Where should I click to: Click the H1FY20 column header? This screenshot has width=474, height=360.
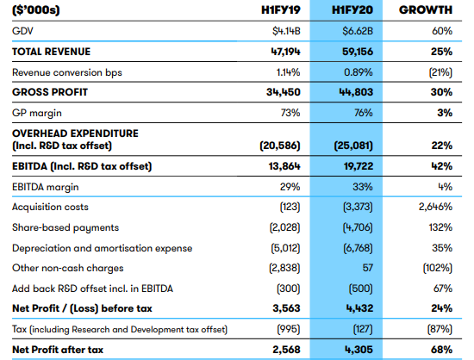pos(352,10)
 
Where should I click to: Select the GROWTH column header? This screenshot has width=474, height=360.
pos(426,10)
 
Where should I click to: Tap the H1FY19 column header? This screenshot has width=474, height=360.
pos(281,10)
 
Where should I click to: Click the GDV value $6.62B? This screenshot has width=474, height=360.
pos(358,31)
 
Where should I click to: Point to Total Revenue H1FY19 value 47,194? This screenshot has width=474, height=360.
pos(285,52)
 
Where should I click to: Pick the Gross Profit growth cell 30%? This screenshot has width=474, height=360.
pos(441,92)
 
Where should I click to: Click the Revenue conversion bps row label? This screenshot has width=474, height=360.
pos(67,73)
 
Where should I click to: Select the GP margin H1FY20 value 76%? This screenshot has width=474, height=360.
pos(364,113)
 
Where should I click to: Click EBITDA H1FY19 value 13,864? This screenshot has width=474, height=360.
pos(284,166)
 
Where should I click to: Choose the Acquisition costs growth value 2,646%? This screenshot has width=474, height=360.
pos(435,207)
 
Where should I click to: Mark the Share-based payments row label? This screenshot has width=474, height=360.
pos(65,228)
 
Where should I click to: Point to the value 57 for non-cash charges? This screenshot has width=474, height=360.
pos(368,268)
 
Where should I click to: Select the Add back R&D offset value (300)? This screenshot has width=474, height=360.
pos(289,289)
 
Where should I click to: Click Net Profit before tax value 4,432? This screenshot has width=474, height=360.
pos(359,308)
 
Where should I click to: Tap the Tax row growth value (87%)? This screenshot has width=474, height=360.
pos(440,329)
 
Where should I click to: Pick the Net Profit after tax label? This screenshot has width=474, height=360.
pos(58,350)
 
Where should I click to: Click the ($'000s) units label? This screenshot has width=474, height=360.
pos(36,10)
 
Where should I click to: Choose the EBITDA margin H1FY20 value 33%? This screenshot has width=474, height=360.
pos(363,187)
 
